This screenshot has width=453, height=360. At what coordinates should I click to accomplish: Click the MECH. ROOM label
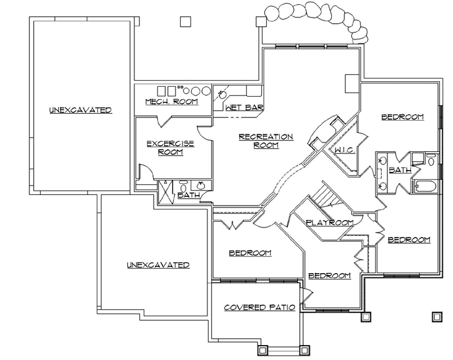(x=171, y=101)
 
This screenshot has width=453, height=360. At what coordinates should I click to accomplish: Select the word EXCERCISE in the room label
(x=170, y=143)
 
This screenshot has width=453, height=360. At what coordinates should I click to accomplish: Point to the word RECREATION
(x=266, y=136)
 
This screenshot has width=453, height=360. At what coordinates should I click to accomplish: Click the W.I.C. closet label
(x=345, y=150)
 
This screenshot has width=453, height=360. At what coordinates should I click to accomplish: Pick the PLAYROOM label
(x=329, y=222)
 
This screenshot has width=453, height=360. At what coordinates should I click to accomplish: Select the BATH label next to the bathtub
(x=400, y=169)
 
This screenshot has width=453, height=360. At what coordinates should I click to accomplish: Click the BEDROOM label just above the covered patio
(x=250, y=253)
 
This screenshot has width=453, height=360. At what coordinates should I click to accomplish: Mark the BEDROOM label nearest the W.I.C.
(x=402, y=117)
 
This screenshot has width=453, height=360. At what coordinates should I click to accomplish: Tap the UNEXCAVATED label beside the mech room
(x=81, y=110)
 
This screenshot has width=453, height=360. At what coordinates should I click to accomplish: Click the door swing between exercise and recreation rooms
(x=204, y=131)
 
